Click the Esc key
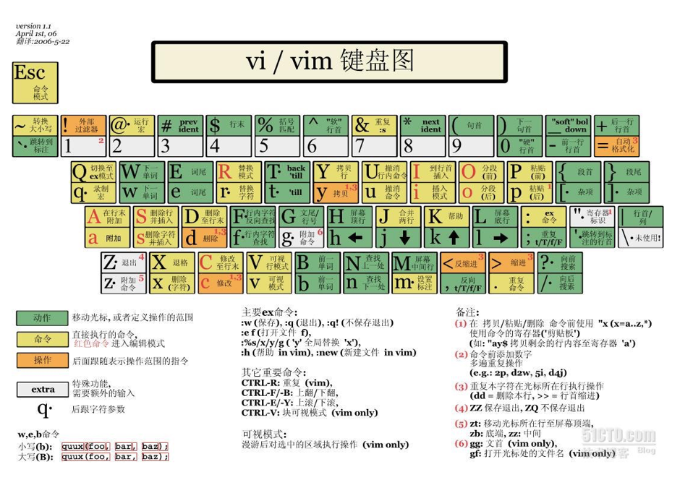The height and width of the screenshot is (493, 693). (x=35, y=82)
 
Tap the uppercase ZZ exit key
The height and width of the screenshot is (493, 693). (x=123, y=262)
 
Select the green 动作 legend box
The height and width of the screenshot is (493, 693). (x=42, y=317)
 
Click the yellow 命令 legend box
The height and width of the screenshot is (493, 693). (x=42, y=339)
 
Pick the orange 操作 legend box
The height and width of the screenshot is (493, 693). (x=42, y=360)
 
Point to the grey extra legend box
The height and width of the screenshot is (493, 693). (x=42, y=389)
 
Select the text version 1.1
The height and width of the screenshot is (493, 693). (x=33, y=26)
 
